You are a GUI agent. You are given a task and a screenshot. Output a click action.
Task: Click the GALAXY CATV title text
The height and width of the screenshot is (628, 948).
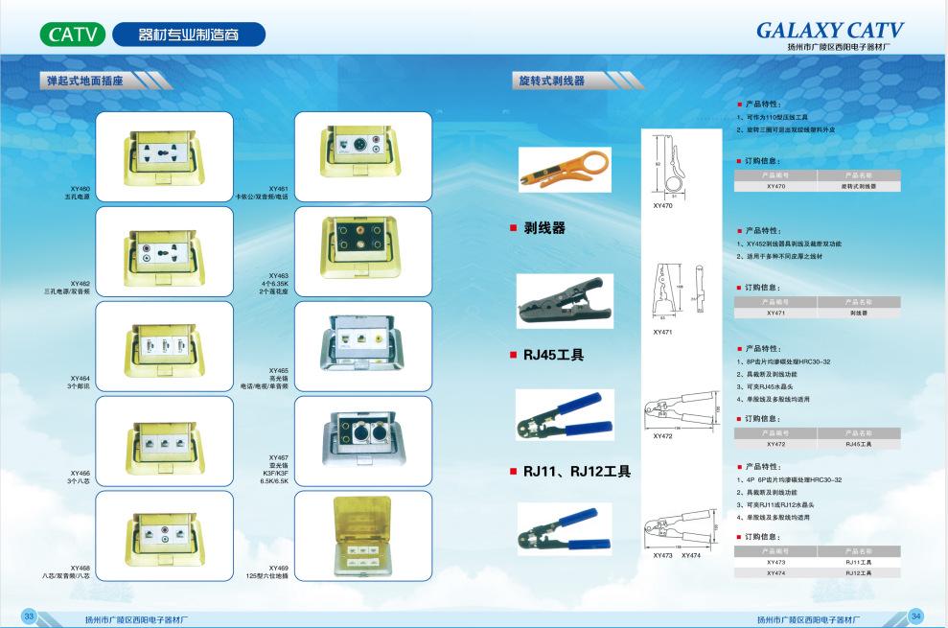pos(829,31)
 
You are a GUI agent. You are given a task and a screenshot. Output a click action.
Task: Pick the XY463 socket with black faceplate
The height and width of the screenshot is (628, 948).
pos(358,250)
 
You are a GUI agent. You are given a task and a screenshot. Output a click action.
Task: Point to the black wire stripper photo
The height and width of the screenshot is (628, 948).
pos(561,300)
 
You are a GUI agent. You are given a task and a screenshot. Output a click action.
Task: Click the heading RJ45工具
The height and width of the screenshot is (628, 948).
pos(553,355)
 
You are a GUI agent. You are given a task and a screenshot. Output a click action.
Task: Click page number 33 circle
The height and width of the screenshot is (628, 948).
pos(30,615)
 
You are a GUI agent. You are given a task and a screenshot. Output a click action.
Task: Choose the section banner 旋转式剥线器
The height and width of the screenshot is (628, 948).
pos(550,81)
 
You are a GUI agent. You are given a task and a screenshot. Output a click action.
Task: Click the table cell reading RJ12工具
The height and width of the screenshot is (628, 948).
pos(859,572)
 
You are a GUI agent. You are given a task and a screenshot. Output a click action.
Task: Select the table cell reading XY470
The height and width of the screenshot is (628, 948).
pos(776,186)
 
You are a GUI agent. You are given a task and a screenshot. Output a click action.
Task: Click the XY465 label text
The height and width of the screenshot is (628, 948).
pos(279,370)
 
